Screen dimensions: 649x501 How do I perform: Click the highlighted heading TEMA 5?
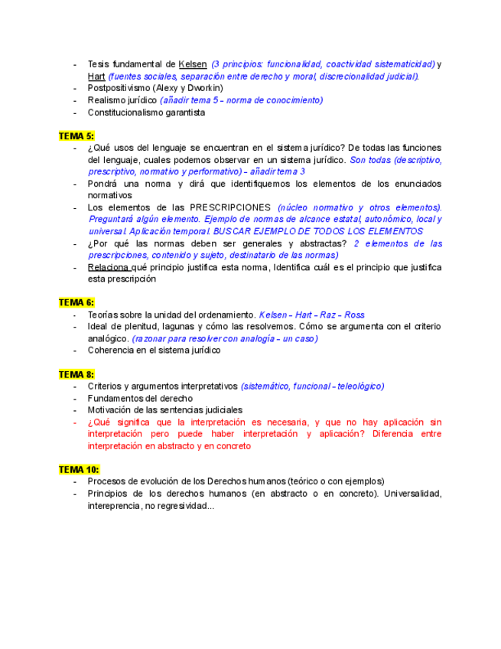coord(76,135)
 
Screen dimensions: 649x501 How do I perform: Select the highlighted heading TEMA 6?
coord(76,302)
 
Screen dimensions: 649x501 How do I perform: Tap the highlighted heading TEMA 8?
coord(76,374)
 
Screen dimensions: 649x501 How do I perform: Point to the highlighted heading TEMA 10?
coord(79,469)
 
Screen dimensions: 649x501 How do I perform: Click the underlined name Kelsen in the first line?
coord(192,64)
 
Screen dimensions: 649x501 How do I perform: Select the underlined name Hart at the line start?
coord(96,77)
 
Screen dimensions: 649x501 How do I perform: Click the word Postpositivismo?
coord(119,88)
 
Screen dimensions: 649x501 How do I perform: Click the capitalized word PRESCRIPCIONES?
coord(230,207)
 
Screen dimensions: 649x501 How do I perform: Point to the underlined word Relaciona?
coord(109,267)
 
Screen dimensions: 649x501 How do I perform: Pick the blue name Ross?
coord(355,315)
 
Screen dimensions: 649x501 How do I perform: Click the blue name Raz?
coord(330,315)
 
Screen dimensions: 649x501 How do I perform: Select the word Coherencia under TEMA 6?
coord(111,351)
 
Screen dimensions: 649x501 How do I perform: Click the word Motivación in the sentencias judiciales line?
coord(112,410)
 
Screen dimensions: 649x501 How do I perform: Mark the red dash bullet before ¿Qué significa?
coord(74,422)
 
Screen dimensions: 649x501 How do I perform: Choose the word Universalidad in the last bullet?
coord(411,494)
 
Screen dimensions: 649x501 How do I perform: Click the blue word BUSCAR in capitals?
coord(230,231)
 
